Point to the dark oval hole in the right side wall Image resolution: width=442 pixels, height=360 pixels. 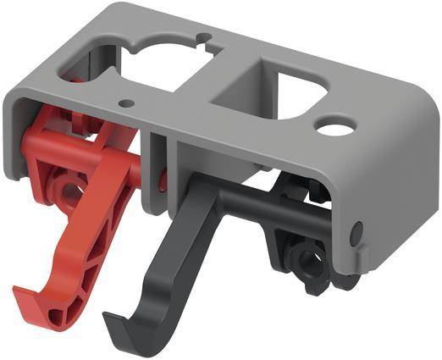click(356, 230)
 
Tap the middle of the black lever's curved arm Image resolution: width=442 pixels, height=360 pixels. click(182, 254)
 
